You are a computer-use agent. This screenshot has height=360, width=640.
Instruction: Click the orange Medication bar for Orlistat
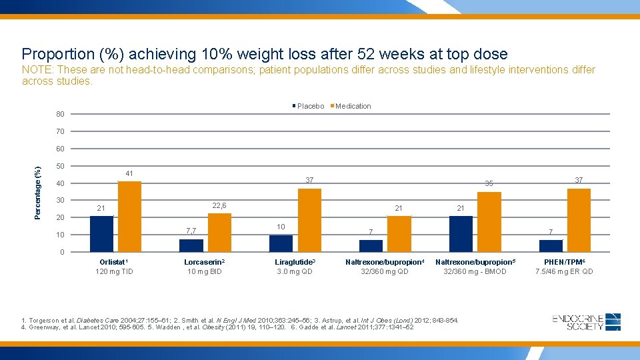[129, 216]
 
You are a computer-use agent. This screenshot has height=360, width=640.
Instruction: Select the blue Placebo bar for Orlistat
[101, 233]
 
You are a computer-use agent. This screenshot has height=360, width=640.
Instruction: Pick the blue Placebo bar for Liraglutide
[281, 243]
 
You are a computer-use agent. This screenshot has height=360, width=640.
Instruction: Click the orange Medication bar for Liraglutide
[309, 220]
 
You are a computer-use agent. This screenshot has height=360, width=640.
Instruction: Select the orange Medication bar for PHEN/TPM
[579, 220]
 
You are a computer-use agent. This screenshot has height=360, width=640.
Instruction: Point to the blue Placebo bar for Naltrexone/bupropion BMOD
[461, 233]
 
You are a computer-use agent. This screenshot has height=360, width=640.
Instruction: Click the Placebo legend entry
[308, 106]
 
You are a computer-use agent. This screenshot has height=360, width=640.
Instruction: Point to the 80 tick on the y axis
[60, 114]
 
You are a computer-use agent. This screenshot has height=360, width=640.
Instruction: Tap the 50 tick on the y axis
[60, 166]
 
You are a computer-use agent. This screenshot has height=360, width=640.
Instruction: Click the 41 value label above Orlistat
[129, 173]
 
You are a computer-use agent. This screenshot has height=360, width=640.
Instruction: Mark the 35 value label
[489, 183]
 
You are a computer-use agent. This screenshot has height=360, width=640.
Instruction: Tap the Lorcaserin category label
[204, 263]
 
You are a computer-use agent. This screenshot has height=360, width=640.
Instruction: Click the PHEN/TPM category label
[563, 263]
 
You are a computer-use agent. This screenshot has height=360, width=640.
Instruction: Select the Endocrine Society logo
[587, 322]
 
